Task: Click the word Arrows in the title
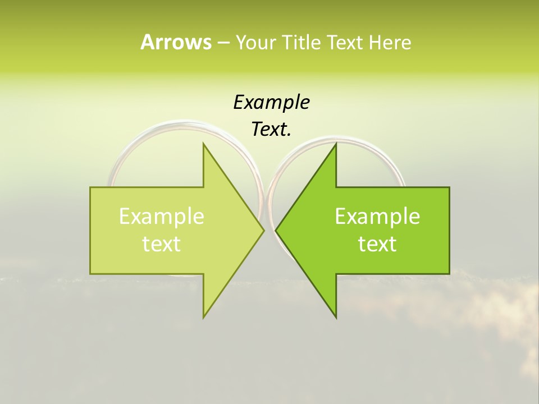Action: click(x=176, y=42)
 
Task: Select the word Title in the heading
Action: click(x=302, y=42)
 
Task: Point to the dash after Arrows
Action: click(x=223, y=43)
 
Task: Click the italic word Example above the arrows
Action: click(x=271, y=102)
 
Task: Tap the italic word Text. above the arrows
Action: click(x=271, y=129)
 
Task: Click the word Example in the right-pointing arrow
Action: click(x=162, y=216)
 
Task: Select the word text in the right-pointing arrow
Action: click(x=162, y=244)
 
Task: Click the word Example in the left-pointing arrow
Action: click(x=377, y=216)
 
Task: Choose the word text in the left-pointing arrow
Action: click(x=377, y=244)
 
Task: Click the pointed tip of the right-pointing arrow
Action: click(x=264, y=230)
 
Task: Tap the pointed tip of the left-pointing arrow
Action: click(x=276, y=230)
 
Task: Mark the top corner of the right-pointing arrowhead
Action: click(x=203, y=144)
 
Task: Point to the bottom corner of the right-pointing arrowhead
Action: click(x=203, y=318)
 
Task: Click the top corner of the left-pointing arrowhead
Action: click(x=336, y=144)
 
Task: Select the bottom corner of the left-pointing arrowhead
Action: click(x=336, y=318)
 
